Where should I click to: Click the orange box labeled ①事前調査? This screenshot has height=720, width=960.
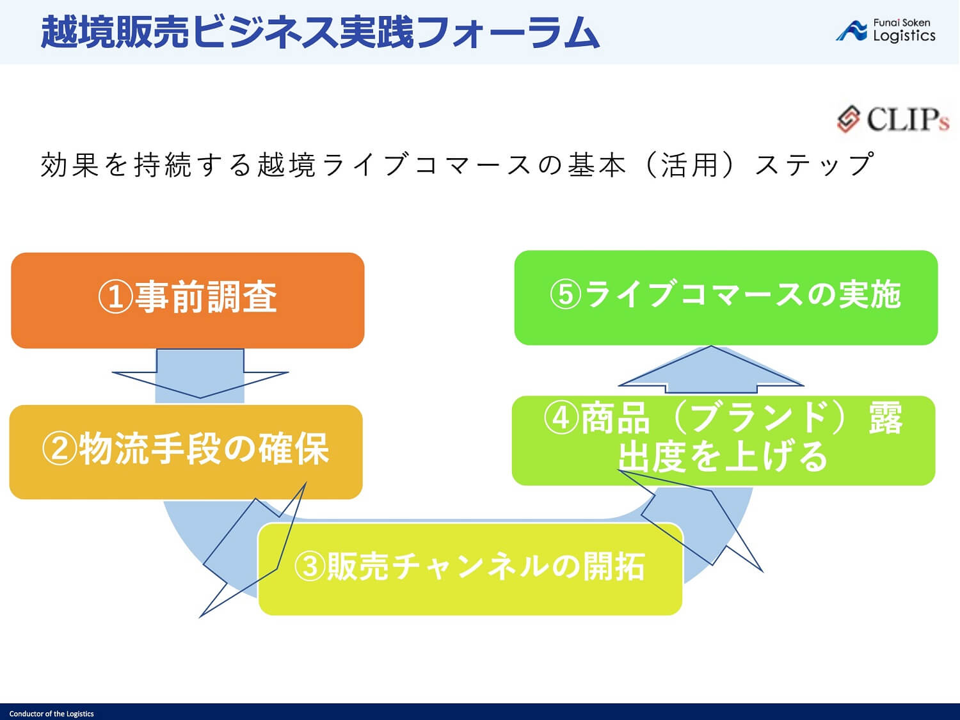coord(188,300)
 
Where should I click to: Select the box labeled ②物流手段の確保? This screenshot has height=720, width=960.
coord(186,451)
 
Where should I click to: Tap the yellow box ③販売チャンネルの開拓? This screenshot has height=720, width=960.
coord(470,568)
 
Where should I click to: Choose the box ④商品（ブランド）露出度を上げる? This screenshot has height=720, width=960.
coord(723,440)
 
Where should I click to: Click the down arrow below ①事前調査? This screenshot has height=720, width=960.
coord(200,374)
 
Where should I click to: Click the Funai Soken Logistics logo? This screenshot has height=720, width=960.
coord(886,30)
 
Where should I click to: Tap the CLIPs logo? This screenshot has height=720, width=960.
coord(893,120)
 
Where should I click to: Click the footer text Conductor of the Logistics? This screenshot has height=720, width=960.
coord(51,714)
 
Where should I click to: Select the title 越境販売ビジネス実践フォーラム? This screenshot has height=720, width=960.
coord(320,32)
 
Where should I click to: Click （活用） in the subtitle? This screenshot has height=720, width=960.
coord(689,165)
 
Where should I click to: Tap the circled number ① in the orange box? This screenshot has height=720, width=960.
coord(116,298)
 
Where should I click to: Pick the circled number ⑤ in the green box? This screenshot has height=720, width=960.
coord(566,295)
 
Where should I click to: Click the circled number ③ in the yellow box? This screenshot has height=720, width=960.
coord(310,566)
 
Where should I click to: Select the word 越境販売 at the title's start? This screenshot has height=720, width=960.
coord(115,32)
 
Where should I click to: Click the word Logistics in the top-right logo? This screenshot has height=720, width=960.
coord(904,36)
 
